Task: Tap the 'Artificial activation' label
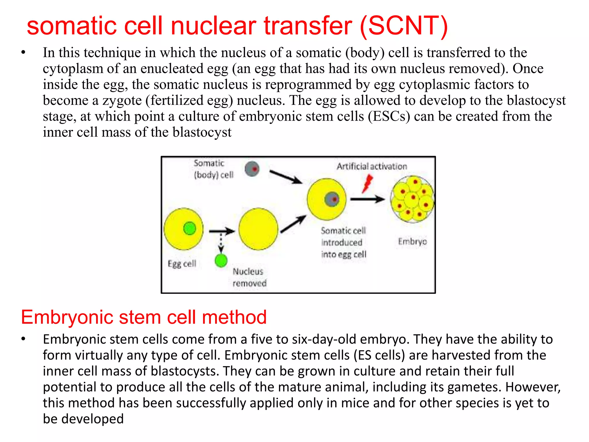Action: point(372,166)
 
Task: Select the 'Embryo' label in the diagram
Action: point(412,241)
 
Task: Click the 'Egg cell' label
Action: point(182,264)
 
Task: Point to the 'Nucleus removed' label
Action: point(249,277)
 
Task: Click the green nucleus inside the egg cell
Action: point(190,228)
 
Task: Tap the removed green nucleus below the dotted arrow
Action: point(221,260)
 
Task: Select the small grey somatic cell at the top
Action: point(252,169)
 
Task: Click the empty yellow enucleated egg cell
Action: point(258,229)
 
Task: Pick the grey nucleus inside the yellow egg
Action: point(332,199)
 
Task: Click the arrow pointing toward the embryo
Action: point(367,199)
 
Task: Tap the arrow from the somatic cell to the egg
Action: point(286,177)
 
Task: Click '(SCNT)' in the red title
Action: point(404,26)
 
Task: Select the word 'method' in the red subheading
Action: point(234,317)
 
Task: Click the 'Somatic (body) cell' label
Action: point(213,169)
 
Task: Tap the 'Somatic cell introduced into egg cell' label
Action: point(343,243)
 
